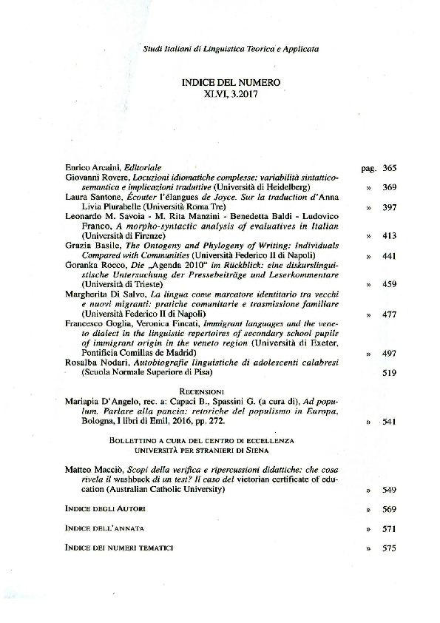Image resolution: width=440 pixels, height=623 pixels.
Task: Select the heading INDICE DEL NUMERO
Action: [231, 83]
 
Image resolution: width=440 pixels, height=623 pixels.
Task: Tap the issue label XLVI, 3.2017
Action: [231, 94]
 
